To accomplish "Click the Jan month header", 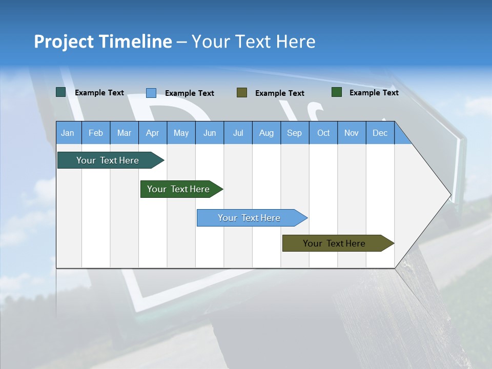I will click(68, 133).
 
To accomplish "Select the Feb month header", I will click(96, 133).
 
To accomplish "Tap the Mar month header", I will click(124, 133).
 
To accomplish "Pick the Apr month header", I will click(153, 133).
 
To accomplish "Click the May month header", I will click(181, 133).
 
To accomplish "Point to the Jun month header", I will click(210, 133).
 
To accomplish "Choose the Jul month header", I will click(238, 133).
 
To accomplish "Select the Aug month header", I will click(266, 133).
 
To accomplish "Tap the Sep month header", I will click(295, 133).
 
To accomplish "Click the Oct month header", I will click(323, 133).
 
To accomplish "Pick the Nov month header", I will click(352, 133).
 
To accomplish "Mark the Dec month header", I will click(380, 133).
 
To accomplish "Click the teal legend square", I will click(61, 92).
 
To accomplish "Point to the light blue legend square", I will click(151, 93).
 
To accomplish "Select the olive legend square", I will click(242, 92).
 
